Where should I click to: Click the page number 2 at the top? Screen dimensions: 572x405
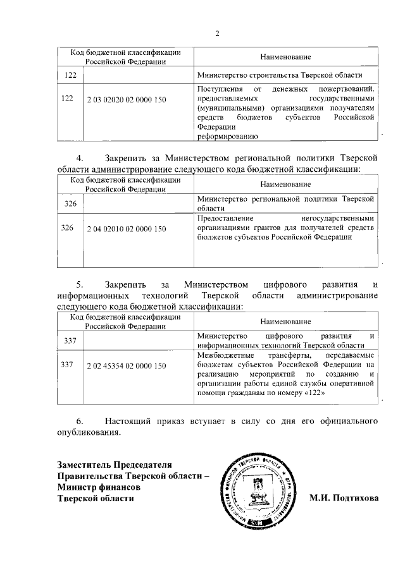click(x=216, y=33)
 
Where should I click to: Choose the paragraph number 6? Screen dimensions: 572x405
click(x=79, y=420)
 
